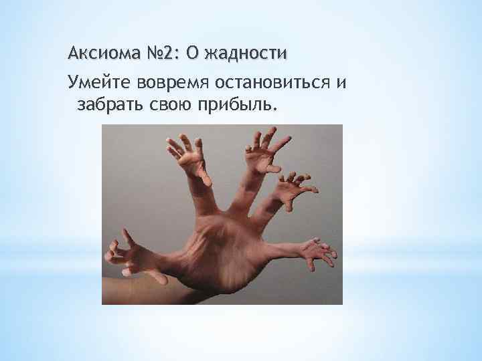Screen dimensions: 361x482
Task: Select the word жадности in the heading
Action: click(x=249, y=52)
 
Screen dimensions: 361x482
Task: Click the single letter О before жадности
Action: click(x=199, y=52)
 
